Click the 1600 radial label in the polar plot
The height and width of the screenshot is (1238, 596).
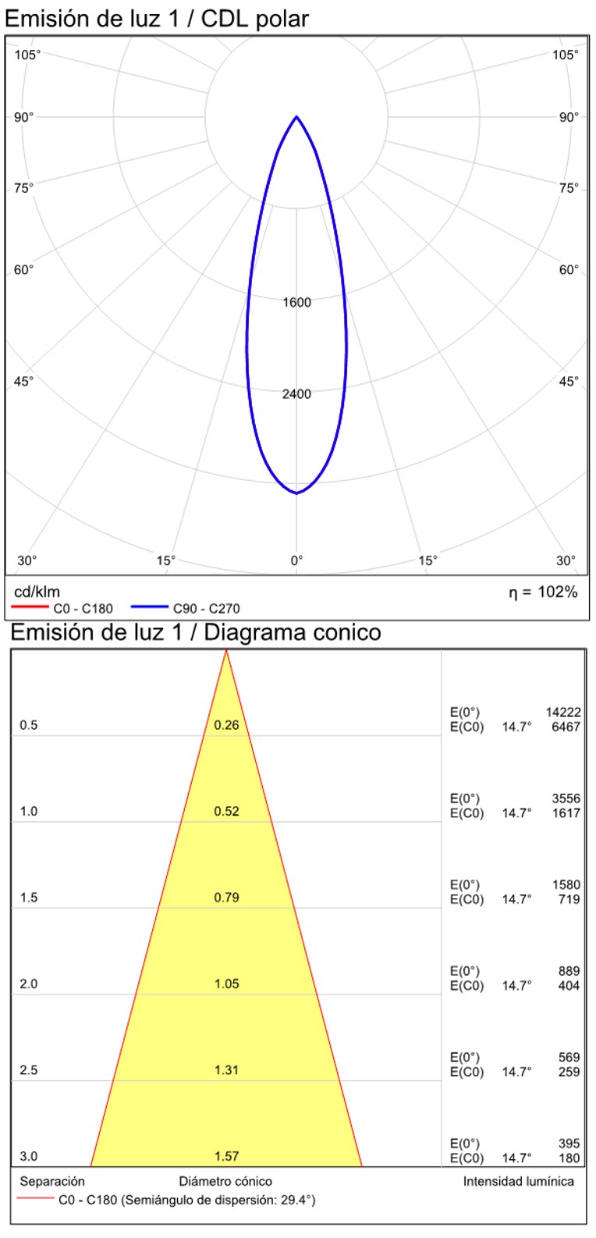pyautogui.click(x=296, y=303)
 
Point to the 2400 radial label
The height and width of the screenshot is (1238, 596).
pyautogui.click(x=296, y=394)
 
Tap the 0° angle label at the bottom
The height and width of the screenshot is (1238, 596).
pyautogui.click(x=296, y=560)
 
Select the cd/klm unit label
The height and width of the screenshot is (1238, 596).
pyautogui.click(x=37, y=592)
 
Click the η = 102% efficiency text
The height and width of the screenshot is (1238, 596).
pyautogui.click(x=544, y=592)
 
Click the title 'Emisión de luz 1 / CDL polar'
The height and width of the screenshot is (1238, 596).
pyautogui.click(x=157, y=19)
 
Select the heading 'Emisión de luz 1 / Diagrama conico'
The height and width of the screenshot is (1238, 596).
pyautogui.click(x=196, y=631)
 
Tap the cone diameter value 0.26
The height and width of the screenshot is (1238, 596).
pyautogui.click(x=226, y=725)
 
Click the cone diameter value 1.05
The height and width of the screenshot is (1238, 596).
pyautogui.click(x=226, y=984)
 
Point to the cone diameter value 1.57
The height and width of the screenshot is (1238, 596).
pyautogui.click(x=226, y=1157)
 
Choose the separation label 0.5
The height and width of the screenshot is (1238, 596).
pyautogui.click(x=29, y=725)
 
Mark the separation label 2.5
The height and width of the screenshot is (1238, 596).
pyautogui.click(x=29, y=1070)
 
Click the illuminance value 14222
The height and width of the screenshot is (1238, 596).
pyautogui.click(x=562, y=712)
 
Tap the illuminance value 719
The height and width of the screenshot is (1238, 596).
pyautogui.click(x=569, y=899)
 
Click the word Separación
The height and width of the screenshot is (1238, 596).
pyautogui.click(x=52, y=1181)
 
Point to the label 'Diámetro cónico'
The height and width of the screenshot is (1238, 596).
pyautogui.click(x=226, y=1181)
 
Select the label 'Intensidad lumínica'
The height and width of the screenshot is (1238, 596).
pyautogui.click(x=518, y=1181)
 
